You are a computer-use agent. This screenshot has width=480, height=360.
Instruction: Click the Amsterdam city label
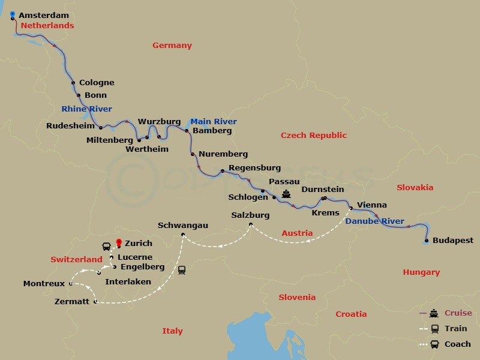pos(44,15)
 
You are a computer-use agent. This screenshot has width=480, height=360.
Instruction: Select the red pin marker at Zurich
pos(119,243)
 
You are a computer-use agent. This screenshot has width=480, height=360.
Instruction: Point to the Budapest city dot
pos(426,241)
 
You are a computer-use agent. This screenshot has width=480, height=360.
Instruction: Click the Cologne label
pos(97,83)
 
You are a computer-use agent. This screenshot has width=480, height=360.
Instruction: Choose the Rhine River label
pos(86,109)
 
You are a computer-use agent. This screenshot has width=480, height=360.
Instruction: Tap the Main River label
pos(214,121)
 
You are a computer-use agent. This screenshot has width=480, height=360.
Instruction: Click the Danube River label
pos(374,221)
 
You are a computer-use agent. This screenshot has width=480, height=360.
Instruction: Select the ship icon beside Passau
pos(286,194)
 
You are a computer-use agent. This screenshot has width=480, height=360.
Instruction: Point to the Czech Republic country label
pos(314,136)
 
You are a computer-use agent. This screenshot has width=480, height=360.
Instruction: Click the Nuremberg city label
pos(223,154)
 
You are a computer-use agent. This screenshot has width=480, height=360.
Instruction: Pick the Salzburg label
pos(250,215)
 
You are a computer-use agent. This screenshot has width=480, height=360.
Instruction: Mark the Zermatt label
pos(71,301)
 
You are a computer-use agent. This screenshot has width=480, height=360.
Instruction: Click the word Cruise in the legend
pos(458,313)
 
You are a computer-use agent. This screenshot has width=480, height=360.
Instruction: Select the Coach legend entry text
pos(458,344)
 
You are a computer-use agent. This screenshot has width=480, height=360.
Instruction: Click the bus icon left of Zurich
pos(106,246)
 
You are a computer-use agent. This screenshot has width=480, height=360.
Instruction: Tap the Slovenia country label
pos(297,297)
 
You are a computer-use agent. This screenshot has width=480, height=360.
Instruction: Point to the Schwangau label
pos(183,225)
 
